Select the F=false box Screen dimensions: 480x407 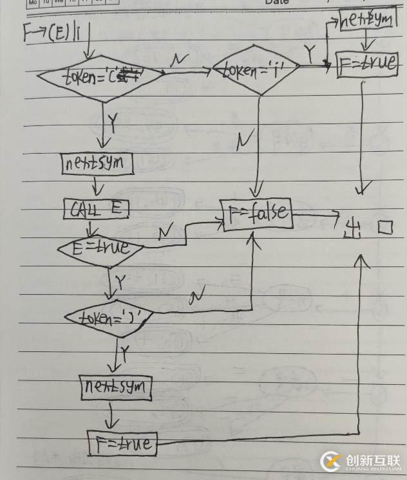pos(257,214)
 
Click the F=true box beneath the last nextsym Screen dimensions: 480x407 pos(121,442)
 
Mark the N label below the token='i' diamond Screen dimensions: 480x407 pos(244,140)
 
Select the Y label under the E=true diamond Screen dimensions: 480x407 pos(120,281)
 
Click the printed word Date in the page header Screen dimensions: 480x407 pos(277,3)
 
